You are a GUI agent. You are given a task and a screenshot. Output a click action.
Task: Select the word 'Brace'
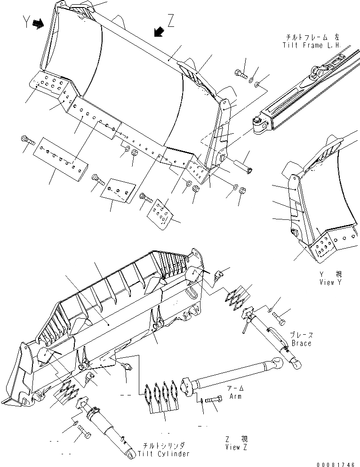coord(301,343)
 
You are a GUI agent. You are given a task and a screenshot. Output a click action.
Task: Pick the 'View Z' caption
coord(236,447)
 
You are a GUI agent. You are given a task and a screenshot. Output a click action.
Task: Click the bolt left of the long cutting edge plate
coord(27,139)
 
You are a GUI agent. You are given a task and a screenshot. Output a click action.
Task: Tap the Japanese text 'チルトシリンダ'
coord(165,445)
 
